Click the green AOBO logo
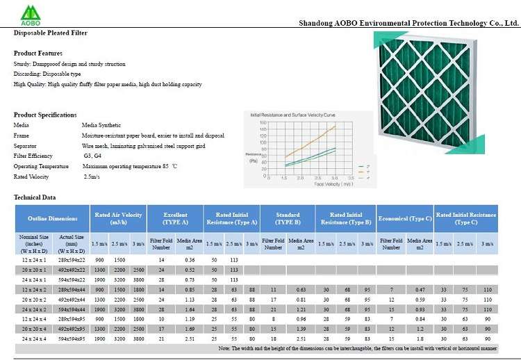pos(31,13)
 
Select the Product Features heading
pos(38,54)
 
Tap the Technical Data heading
pos(35,197)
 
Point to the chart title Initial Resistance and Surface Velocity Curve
pos(291,113)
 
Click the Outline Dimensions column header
pos(53,218)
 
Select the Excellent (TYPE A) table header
pos(175,218)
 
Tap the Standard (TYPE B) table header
pos(288,218)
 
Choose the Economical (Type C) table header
pos(405,218)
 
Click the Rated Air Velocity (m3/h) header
pos(118,218)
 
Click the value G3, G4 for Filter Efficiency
pos(92,156)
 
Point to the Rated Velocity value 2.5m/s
pos(92,177)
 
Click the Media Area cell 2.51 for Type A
pos(190,338)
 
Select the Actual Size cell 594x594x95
pos(72,338)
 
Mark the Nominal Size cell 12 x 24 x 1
pos(34,259)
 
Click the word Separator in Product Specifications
pos(25,146)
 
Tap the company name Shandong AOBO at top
pos(408,22)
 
